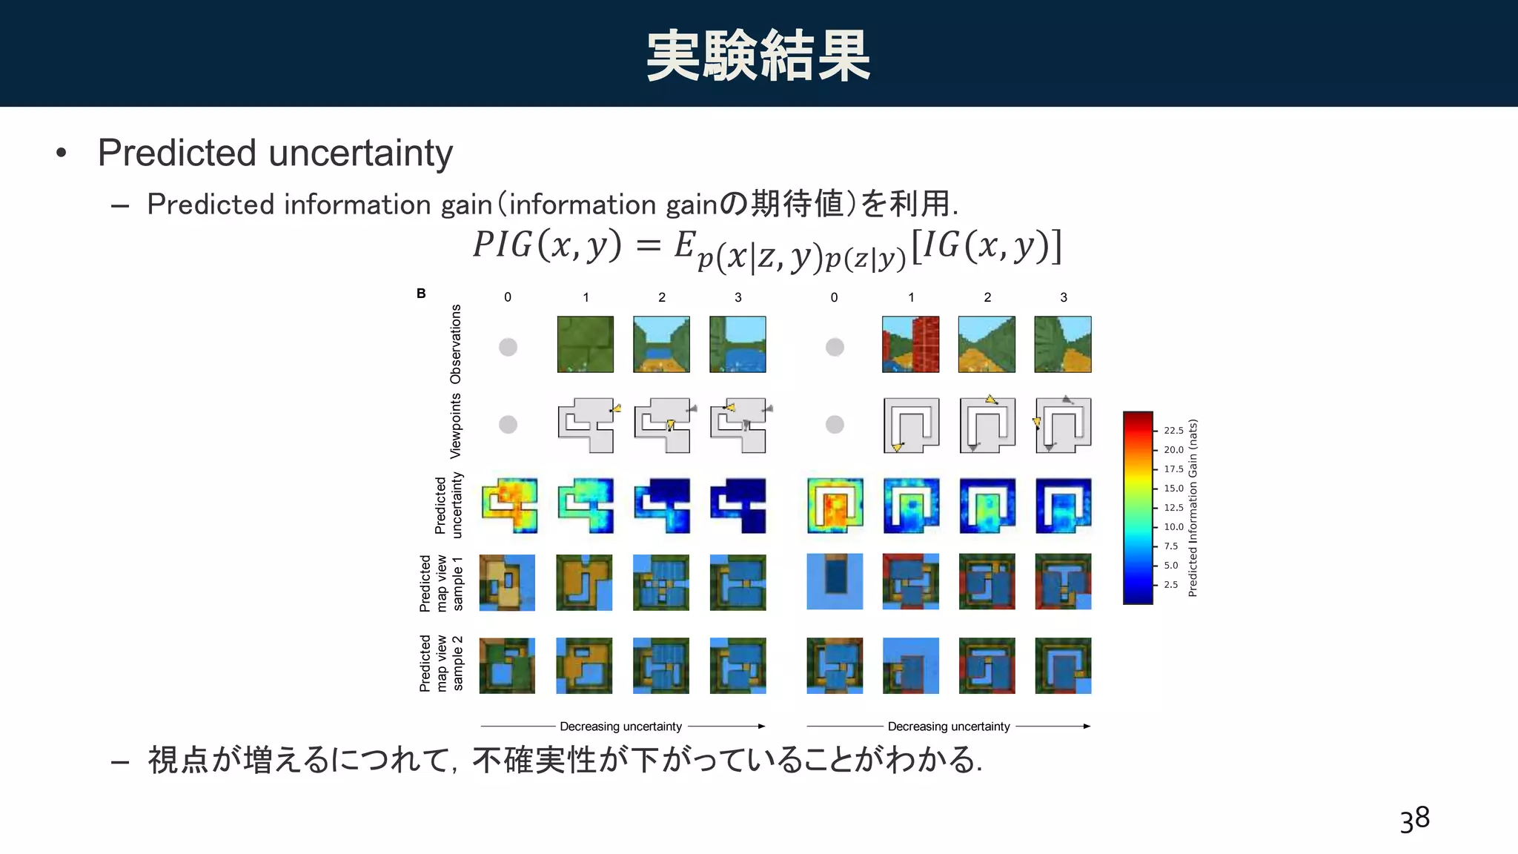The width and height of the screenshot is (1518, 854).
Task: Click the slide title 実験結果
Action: (x=758, y=56)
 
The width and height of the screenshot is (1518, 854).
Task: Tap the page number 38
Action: (x=1414, y=819)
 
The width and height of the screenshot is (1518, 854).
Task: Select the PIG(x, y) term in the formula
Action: (x=547, y=245)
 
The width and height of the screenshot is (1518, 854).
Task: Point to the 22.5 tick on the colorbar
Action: (x=1173, y=431)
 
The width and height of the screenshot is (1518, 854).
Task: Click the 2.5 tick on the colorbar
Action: (x=1170, y=585)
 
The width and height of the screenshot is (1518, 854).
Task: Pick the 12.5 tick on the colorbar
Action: (x=1173, y=508)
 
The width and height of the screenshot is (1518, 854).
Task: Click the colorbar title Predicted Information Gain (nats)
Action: (x=1193, y=509)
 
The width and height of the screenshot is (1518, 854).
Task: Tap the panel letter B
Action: (x=421, y=294)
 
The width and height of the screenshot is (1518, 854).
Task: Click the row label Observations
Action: (x=456, y=344)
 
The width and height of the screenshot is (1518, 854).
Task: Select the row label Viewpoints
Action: (x=456, y=426)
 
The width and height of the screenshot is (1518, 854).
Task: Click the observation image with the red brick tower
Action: (x=910, y=345)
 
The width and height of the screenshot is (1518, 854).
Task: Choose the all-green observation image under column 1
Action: (x=585, y=345)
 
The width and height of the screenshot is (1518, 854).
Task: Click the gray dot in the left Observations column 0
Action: (x=508, y=347)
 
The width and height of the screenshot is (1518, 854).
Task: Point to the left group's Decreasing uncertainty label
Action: (x=620, y=726)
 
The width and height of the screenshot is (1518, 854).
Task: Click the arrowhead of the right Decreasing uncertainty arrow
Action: (x=1087, y=726)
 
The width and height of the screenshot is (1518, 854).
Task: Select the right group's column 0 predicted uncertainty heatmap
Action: (x=835, y=506)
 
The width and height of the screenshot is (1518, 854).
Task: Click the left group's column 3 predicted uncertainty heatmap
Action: (x=738, y=506)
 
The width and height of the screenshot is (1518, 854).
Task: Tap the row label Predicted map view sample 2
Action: (x=441, y=663)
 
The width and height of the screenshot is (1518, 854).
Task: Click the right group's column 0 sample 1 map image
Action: (x=835, y=582)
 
